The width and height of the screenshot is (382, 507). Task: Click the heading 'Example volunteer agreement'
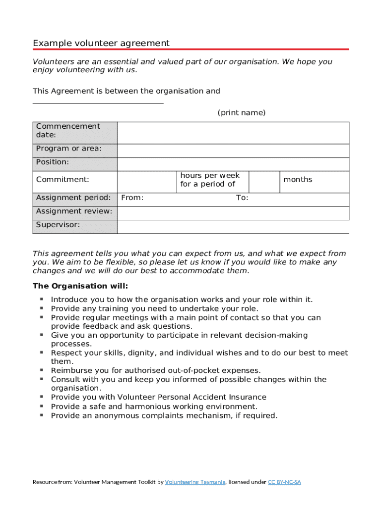[x=101, y=43]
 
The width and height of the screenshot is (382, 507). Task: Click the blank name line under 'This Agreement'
[x=98, y=103]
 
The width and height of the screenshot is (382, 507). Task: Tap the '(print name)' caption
[x=242, y=113]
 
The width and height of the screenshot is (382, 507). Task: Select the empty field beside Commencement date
[x=233, y=133]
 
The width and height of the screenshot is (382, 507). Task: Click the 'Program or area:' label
[x=69, y=149]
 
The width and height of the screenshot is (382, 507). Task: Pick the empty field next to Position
[x=233, y=164]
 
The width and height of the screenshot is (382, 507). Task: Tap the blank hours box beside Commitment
[x=147, y=182]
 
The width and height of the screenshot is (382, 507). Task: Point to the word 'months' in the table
[x=298, y=180]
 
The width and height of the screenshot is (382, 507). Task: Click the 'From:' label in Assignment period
[x=132, y=198]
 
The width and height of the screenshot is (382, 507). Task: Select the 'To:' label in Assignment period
[x=242, y=198]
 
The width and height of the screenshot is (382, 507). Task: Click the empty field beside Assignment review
[x=233, y=213]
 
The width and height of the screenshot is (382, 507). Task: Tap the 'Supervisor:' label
[x=58, y=225]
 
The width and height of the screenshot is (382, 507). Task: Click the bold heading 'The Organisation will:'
[x=80, y=286]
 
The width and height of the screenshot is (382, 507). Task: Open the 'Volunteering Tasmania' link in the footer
[x=195, y=482]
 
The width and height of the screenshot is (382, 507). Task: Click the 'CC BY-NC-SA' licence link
[x=285, y=482]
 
